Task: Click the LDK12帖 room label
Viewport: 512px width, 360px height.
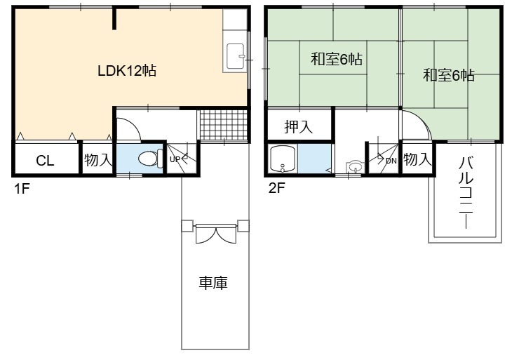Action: click(127, 71)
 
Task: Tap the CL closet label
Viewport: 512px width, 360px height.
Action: click(45, 161)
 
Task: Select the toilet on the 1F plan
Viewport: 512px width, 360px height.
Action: click(151, 159)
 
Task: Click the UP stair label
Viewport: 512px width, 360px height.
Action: click(175, 159)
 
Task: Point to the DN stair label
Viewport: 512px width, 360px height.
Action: click(391, 161)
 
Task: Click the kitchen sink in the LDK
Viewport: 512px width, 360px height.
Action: click(235, 56)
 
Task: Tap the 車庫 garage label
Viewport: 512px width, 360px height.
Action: click(213, 283)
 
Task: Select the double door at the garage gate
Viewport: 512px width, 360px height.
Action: click(215, 233)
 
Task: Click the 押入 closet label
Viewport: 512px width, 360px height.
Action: click(299, 126)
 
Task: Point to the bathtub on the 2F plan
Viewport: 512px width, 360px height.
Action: click(283, 159)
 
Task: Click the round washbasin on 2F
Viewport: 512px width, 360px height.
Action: click(356, 167)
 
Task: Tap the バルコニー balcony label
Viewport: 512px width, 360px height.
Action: click(466, 193)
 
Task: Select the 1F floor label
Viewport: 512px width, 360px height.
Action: click(22, 189)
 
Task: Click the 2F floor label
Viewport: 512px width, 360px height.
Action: click(277, 188)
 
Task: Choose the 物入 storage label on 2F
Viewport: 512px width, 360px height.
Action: click(417, 159)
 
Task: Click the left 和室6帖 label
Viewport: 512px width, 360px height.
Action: click(337, 60)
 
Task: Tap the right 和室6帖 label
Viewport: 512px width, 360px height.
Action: click(449, 75)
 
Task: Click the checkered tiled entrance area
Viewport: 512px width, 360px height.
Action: click(224, 125)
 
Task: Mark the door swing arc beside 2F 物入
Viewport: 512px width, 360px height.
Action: click(424, 119)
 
